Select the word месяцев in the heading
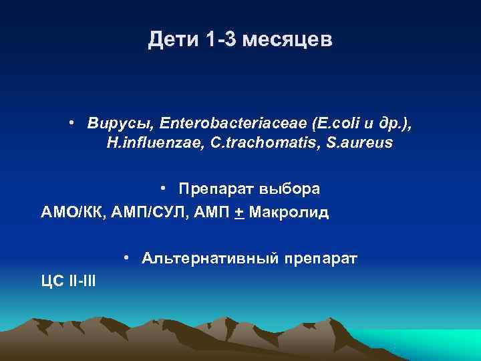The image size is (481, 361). tap(288, 41)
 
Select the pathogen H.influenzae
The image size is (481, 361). tap(147, 143)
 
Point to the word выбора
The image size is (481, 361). tap(289, 189)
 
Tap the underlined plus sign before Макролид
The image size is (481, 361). tap(238, 213)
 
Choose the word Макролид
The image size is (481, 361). tap(287, 213)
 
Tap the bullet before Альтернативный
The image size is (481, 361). tap(126, 258)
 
